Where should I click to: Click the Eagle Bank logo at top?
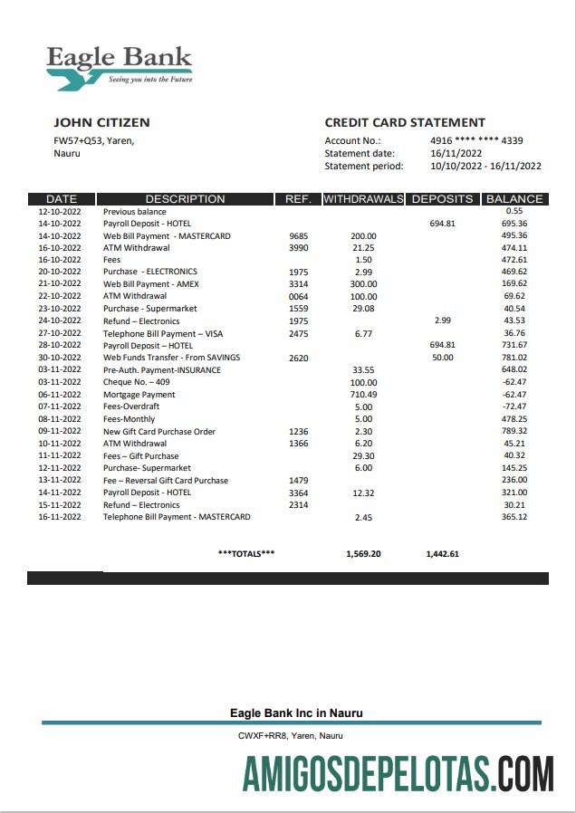point(119,65)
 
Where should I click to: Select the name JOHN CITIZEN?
point(101,122)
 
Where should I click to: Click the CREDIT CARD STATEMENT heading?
point(405,122)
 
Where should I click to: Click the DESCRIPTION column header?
point(185,199)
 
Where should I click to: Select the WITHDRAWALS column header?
point(363,199)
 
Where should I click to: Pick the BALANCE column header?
point(514,199)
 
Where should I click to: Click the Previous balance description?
point(134,211)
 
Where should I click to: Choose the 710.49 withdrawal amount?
point(363,395)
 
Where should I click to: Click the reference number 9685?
point(299,236)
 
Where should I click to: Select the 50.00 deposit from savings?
point(443,358)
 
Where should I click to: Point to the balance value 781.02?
point(514,358)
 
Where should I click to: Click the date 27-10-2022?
point(60,333)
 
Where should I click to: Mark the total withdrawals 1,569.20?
point(363,553)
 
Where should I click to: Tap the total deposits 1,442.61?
point(443,553)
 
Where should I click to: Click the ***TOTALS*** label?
point(246,553)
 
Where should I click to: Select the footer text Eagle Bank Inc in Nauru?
point(296,713)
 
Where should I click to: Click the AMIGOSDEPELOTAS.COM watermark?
point(398,776)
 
